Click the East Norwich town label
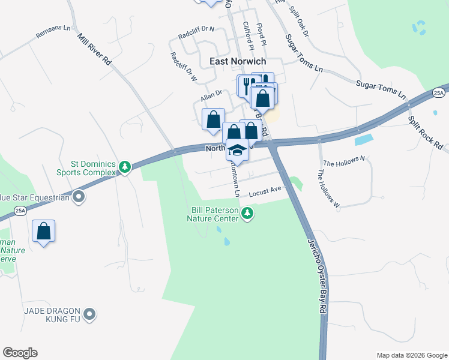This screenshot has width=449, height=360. click(x=238, y=61)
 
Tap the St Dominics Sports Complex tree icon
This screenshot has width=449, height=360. click(x=125, y=167)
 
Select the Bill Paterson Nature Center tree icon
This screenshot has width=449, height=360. click(x=247, y=213)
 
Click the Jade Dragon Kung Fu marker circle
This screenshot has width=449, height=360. click(x=89, y=313)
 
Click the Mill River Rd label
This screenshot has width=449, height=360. click(x=95, y=49)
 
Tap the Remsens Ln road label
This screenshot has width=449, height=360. click(x=53, y=32)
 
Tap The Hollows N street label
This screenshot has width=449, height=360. click(x=344, y=161)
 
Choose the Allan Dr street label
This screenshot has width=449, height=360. click(x=211, y=95)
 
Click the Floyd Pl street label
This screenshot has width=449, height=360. click(x=261, y=33)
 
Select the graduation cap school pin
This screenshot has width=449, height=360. click(x=237, y=149)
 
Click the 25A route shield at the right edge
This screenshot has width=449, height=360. click(x=439, y=93)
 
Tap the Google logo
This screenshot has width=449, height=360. click(x=20, y=353)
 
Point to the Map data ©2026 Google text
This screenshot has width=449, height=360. click(x=411, y=355)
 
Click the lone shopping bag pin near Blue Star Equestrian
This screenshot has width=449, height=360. click(x=44, y=231)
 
